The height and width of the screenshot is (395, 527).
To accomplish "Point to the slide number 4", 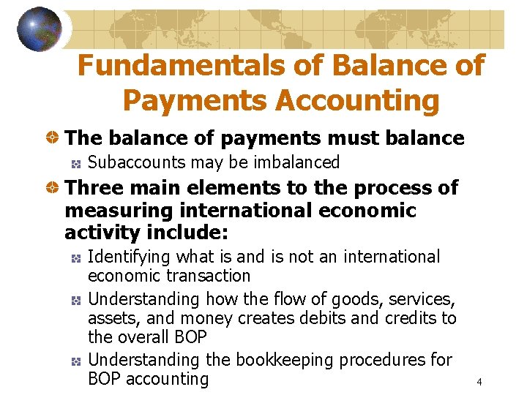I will pyautogui.click(x=478, y=382).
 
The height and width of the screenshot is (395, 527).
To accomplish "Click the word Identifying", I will pyautogui.click(x=130, y=257).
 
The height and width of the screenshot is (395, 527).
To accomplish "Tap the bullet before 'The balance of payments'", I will pyautogui.click(x=53, y=138).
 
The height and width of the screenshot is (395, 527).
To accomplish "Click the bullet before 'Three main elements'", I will pyautogui.click(x=53, y=188).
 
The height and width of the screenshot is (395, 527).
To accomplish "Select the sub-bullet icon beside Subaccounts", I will pyautogui.click(x=75, y=162).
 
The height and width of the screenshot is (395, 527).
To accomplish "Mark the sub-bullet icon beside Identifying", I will pyautogui.click(x=75, y=257).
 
